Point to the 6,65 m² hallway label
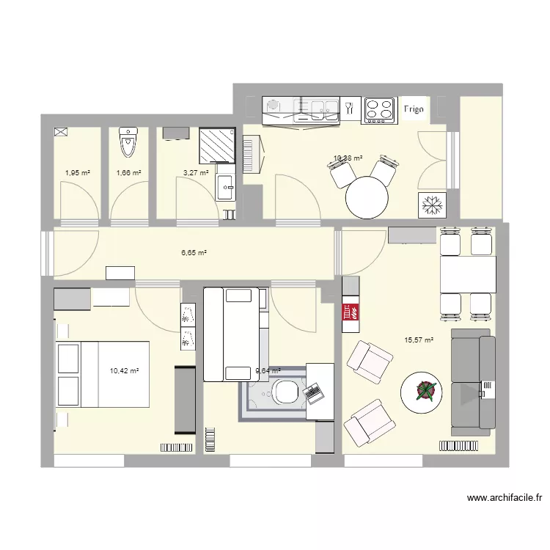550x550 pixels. (194, 252)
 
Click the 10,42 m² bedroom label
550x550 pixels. (124, 372)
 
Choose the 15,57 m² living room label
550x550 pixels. (419, 340)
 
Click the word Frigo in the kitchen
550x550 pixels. (414, 110)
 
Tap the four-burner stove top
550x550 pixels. (379, 110)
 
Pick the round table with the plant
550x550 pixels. (423, 393)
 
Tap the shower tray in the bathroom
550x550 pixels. (218, 144)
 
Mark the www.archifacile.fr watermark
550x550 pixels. (505, 499)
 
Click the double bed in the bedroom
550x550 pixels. (103, 373)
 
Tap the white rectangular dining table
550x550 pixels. (466, 273)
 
